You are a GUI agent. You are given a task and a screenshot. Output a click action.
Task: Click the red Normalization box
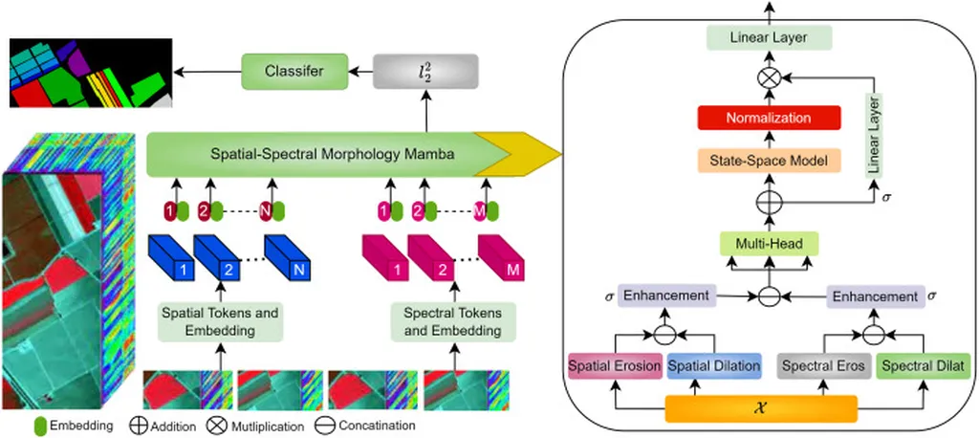769,119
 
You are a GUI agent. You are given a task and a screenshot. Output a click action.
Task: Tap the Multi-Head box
769,244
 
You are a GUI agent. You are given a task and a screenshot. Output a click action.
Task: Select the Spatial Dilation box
712,365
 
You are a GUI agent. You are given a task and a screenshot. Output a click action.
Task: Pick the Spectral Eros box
822,365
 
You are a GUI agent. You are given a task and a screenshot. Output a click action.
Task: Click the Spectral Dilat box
924,365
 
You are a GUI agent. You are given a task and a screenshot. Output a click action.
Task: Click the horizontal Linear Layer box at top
769,38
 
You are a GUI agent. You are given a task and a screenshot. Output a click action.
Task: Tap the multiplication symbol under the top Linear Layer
769,76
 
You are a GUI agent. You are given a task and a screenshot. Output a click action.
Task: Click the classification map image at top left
90,72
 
